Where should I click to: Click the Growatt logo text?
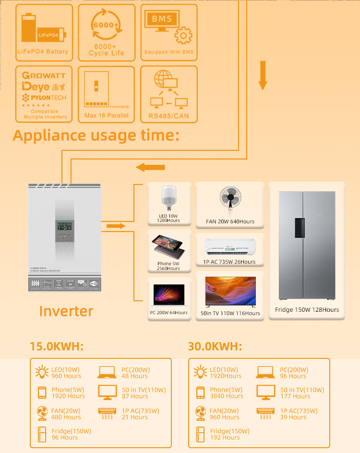pos(44,76)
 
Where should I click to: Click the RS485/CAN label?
pos(168,115)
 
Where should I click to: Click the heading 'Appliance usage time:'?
pos(96,135)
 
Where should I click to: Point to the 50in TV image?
pos(230,291)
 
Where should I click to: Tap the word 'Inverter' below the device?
pos(66,311)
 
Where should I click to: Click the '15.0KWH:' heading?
pos(57,346)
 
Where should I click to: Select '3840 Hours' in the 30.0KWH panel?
pos(227,396)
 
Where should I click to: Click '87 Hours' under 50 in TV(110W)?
pos(135,396)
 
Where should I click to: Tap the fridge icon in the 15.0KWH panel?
pos(42,434)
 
